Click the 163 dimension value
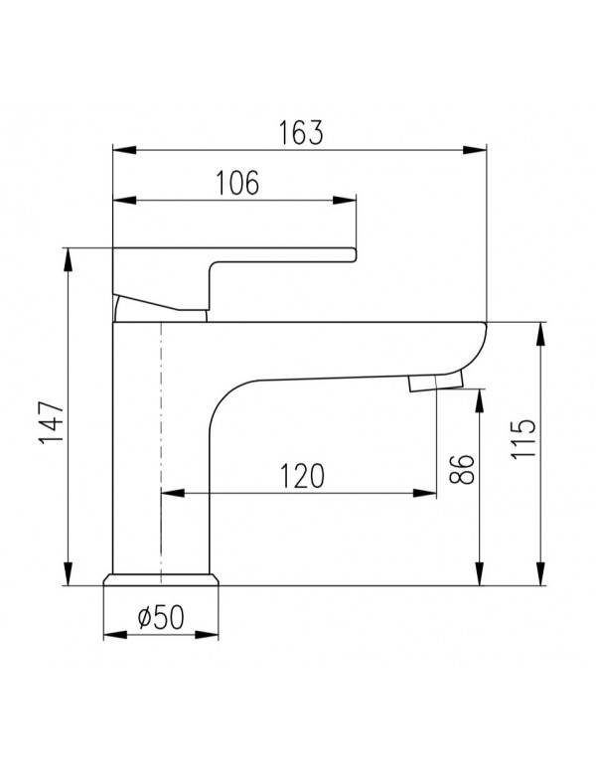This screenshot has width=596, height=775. [300, 132]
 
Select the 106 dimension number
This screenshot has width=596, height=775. [236, 183]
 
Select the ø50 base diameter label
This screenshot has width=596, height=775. [159, 618]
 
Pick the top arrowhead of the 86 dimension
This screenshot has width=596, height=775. [479, 396]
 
